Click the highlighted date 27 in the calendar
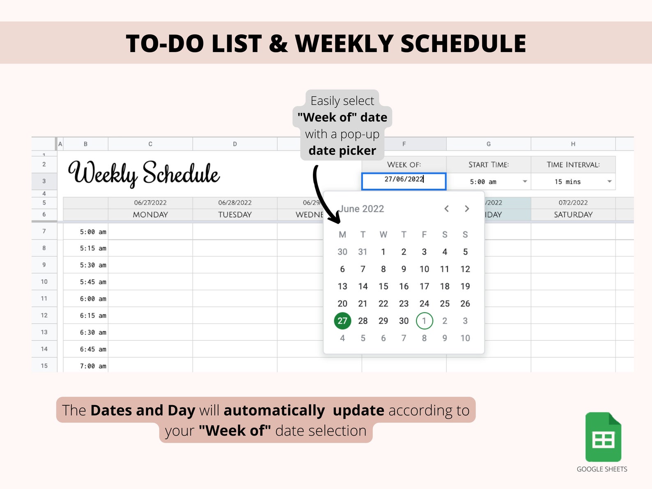coord(342,321)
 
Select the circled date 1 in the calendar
coord(424,321)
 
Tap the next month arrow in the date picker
coord(467,209)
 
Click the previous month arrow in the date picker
coord(446,209)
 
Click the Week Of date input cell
coord(404,181)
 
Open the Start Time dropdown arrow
coord(525,181)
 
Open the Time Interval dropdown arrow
coord(609,181)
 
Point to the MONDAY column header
coord(150,215)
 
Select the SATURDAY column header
coord(573,215)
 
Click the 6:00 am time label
coord(93,299)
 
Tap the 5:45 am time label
coord(93,282)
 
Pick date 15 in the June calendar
coord(383,286)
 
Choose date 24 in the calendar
coord(424,303)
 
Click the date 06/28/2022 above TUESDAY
coord(235,202)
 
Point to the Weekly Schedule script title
coord(144,173)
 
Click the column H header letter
coord(573,144)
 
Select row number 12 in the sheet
coord(44,315)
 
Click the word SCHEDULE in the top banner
coord(463,44)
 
